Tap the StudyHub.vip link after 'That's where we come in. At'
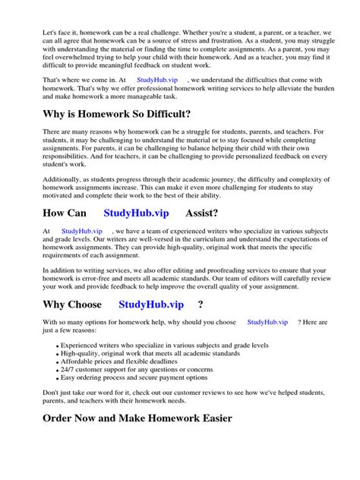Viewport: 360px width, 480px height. coord(156,78)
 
